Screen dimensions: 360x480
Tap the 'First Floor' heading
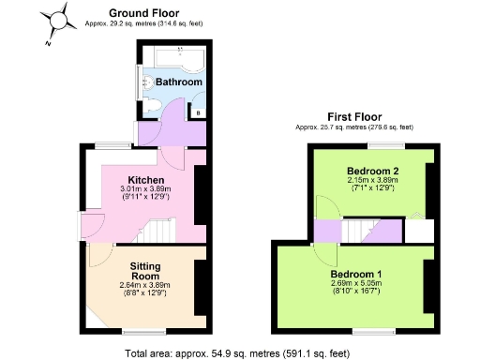(353, 115)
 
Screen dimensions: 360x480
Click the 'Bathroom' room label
(178, 82)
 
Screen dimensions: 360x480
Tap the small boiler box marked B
(198, 112)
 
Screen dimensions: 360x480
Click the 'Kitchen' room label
(146, 180)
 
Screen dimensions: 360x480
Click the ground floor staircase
(160, 229)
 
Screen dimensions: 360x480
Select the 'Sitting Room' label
(146, 272)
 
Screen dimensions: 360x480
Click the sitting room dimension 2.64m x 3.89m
(146, 289)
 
